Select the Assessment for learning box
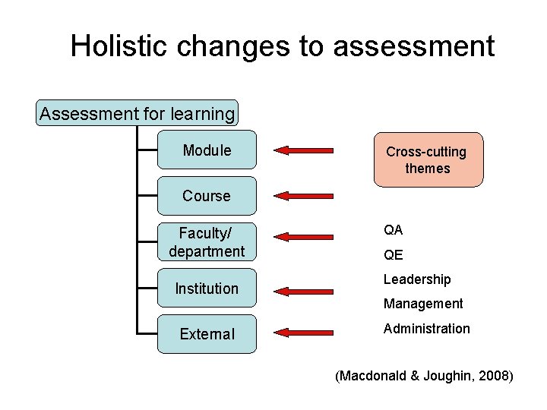coord(138,114)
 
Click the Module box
coord(207,150)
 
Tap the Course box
coord(207,196)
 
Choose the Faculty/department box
coord(207,241)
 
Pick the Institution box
coord(207,289)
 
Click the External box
coord(207,334)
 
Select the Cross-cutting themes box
coord(428,159)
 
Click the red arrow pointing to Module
coord(303,150)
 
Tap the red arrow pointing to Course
coord(303,195)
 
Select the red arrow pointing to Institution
coord(303,290)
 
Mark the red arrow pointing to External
coord(303,332)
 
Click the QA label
coord(393,230)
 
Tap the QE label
coord(393,255)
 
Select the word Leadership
coord(417,279)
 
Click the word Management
coord(422,304)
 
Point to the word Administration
coord(426,328)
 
